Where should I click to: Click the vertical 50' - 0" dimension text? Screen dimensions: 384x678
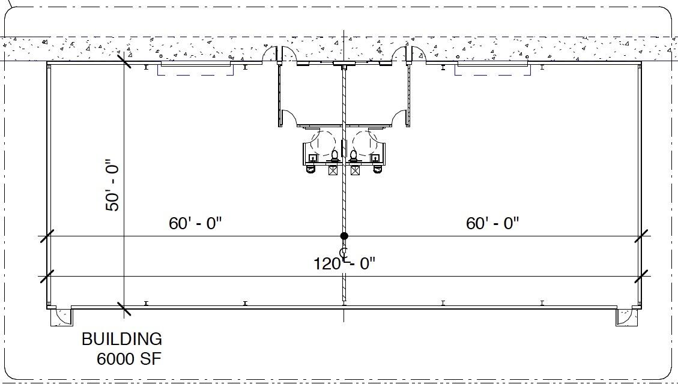click(112, 185)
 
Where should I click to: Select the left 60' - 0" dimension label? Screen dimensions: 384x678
click(195, 223)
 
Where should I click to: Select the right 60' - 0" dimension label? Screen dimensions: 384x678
click(492, 223)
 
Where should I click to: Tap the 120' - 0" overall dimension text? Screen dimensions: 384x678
click(345, 263)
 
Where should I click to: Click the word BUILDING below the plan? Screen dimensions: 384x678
click(122, 339)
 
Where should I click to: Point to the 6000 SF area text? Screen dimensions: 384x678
click(129, 359)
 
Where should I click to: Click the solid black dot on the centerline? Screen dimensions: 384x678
click(344, 236)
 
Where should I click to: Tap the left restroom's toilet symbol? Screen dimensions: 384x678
click(334, 156)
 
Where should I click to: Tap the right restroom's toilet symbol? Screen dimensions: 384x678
click(354, 156)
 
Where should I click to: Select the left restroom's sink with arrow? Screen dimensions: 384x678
click(312, 158)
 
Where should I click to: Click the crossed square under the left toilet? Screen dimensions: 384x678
click(333, 170)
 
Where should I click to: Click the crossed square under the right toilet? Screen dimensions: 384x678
click(355, 170)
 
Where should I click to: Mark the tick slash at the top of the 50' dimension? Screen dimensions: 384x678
click(124, 60)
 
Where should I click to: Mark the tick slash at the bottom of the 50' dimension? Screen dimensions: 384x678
click(124, 309)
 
